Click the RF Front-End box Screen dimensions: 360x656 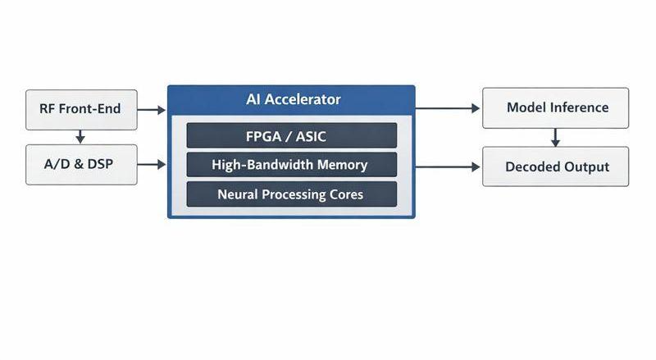click(x=81, y=109)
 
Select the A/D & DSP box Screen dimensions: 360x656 click(x=81, y=164)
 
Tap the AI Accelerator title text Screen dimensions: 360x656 click(x=293, y=100)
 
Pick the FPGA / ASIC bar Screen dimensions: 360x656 click(x=292, y=135)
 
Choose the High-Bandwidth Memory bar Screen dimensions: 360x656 click(x=292, y=165)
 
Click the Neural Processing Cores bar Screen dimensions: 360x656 click(x=292, y=194)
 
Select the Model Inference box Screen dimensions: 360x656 click(x=556, y=107)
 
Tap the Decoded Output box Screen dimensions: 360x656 click(x=556, y=166)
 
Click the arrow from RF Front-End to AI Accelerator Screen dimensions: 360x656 click(x=152, y=109)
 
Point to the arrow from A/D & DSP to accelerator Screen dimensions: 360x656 click(x=152, y=165)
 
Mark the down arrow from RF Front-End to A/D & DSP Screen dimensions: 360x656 click(x=80, y=136)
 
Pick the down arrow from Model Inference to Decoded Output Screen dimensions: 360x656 click(x=555, y=137)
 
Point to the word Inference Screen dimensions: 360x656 click(x=579, y=107)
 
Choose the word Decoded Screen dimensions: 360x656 click(x=531, y=166)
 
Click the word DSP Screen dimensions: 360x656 click(x=98, y=164)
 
